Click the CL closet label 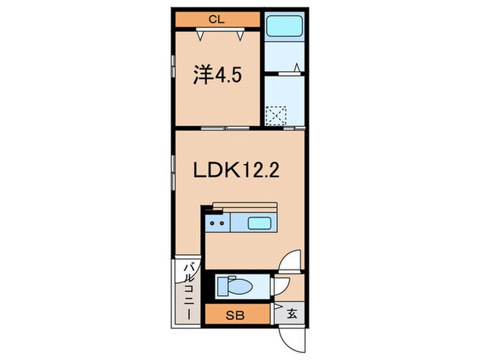point(216,19)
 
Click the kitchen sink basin point(259,222)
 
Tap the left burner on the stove point(213,222)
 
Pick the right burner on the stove point(222,222)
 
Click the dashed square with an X point(277,115)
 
